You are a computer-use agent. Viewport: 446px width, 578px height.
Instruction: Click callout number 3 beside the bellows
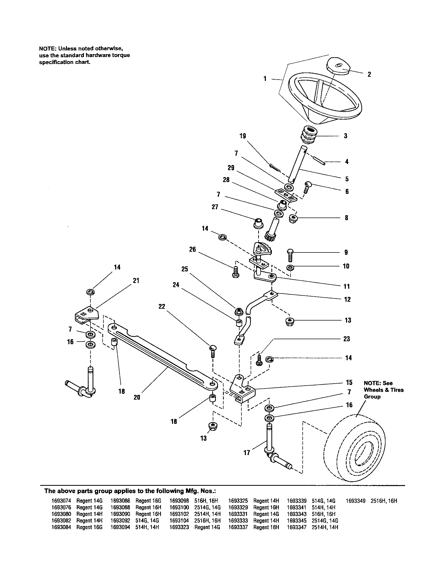[345, 136]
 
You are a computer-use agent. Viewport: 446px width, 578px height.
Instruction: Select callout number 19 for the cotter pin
[243, 136]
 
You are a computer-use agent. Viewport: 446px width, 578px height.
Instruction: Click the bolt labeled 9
[290, 255]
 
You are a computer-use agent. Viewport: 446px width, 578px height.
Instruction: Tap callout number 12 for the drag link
[347, 299]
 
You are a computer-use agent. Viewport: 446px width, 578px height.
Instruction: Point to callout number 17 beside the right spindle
[247, 453]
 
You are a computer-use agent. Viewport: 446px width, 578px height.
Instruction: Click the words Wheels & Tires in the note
[383, 390]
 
